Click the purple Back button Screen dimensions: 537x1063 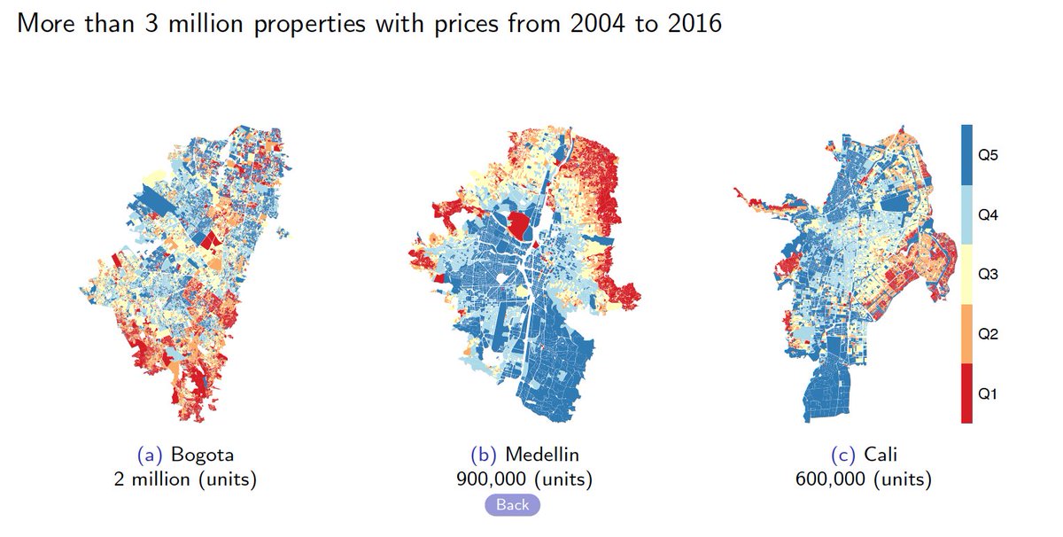click(x=512, y=505)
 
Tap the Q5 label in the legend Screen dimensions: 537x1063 click(x=988, y=155)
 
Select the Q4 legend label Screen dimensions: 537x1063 click(x=988, y=215)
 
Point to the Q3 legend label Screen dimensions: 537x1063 click(x=988, y=275)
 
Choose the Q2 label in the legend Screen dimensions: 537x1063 click(x=988, y=335)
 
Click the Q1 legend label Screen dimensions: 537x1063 click(x=988, y=394)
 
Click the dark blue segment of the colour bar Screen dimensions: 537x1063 click(x=966, y=155)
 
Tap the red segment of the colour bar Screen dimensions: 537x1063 click(x=966, y=394)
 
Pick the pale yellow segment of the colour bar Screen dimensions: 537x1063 click(x=966, y=275)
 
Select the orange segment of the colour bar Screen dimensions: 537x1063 click(x=966, y=335)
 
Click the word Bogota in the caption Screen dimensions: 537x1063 click(x=203, y=455)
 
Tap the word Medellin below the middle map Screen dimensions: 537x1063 click(x=542, y=455)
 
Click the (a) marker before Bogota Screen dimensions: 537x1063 click(x=150, y=455)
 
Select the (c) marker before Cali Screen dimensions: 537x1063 click(x=842, y=455)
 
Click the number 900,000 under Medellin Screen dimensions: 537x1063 click(x=492, y=479)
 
